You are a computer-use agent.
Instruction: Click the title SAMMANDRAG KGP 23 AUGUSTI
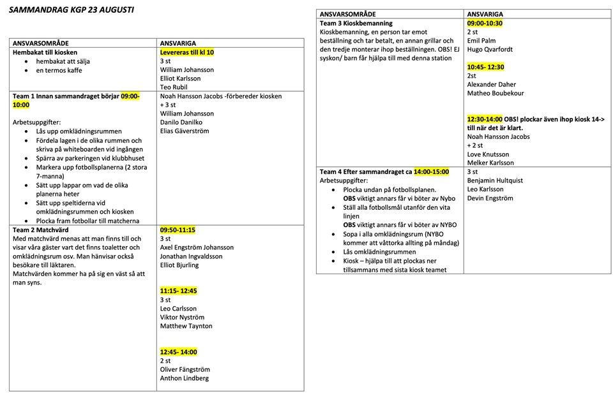click(x=71, y=11)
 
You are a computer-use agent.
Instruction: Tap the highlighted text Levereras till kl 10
click(x=186, y=52)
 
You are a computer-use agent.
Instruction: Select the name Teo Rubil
click(x=174, y=87)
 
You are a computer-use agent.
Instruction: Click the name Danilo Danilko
click(x=183, y=122)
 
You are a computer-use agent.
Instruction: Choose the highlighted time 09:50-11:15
click(x=178, y=230)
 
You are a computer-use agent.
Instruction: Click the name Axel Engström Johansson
click(x=197, y=247)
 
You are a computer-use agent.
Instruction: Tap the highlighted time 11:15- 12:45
click(x=178, y=291)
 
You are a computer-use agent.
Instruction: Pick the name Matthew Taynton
click(x=186, y=326)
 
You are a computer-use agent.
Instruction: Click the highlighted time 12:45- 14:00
click(x=178, y=352)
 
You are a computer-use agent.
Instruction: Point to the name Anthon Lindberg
click(x=184, y=378)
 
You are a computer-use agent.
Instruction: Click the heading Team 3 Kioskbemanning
click(x=356, y=24)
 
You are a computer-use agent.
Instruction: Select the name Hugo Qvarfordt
click(x=490, y=49)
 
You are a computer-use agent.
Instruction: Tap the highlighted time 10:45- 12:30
click(x=485, y=66)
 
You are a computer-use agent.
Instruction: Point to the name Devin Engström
click(x=490, y=198)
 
